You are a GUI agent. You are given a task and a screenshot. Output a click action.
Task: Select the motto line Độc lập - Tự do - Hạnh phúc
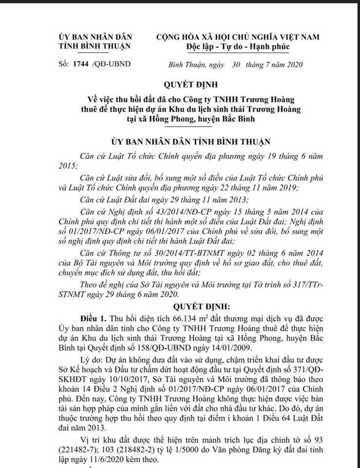point(238,47)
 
